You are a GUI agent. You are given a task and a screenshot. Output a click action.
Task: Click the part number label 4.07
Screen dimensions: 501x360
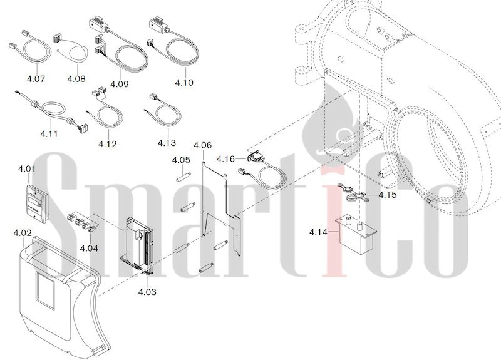(x=36, y=79)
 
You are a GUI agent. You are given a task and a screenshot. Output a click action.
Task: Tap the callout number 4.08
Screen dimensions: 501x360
(x=76, y=79)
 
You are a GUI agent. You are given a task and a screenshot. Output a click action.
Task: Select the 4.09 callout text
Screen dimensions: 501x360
(x=119, y=84)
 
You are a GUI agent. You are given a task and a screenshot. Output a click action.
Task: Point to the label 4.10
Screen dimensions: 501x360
(x=184, y=83)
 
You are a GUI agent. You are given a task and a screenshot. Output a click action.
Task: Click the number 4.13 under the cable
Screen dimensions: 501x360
(x=167, y=143)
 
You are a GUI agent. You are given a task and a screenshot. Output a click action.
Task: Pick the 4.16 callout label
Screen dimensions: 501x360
(x=225, y=159)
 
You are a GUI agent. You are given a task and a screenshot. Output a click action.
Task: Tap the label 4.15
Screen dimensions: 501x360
(x=387, y=195)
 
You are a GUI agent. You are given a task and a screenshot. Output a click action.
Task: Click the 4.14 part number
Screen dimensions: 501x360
(x=318, y=232)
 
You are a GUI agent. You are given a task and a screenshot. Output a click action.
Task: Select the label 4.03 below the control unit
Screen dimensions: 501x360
(x=147, y=292)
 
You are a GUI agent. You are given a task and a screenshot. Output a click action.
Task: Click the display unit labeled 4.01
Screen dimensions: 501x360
(x=36, y=203)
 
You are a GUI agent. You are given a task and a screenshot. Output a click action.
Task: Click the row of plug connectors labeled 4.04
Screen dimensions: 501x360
(x=81, y=222)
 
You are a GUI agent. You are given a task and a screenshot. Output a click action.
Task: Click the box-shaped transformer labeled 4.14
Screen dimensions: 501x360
(x=356, y=235)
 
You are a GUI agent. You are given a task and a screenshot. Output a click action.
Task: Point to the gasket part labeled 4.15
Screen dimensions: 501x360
(x=353, y=192)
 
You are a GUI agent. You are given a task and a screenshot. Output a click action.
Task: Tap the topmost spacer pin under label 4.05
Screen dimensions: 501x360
(x=183, y=177)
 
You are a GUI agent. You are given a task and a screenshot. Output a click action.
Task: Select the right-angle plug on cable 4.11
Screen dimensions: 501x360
(x=83, y=126)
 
